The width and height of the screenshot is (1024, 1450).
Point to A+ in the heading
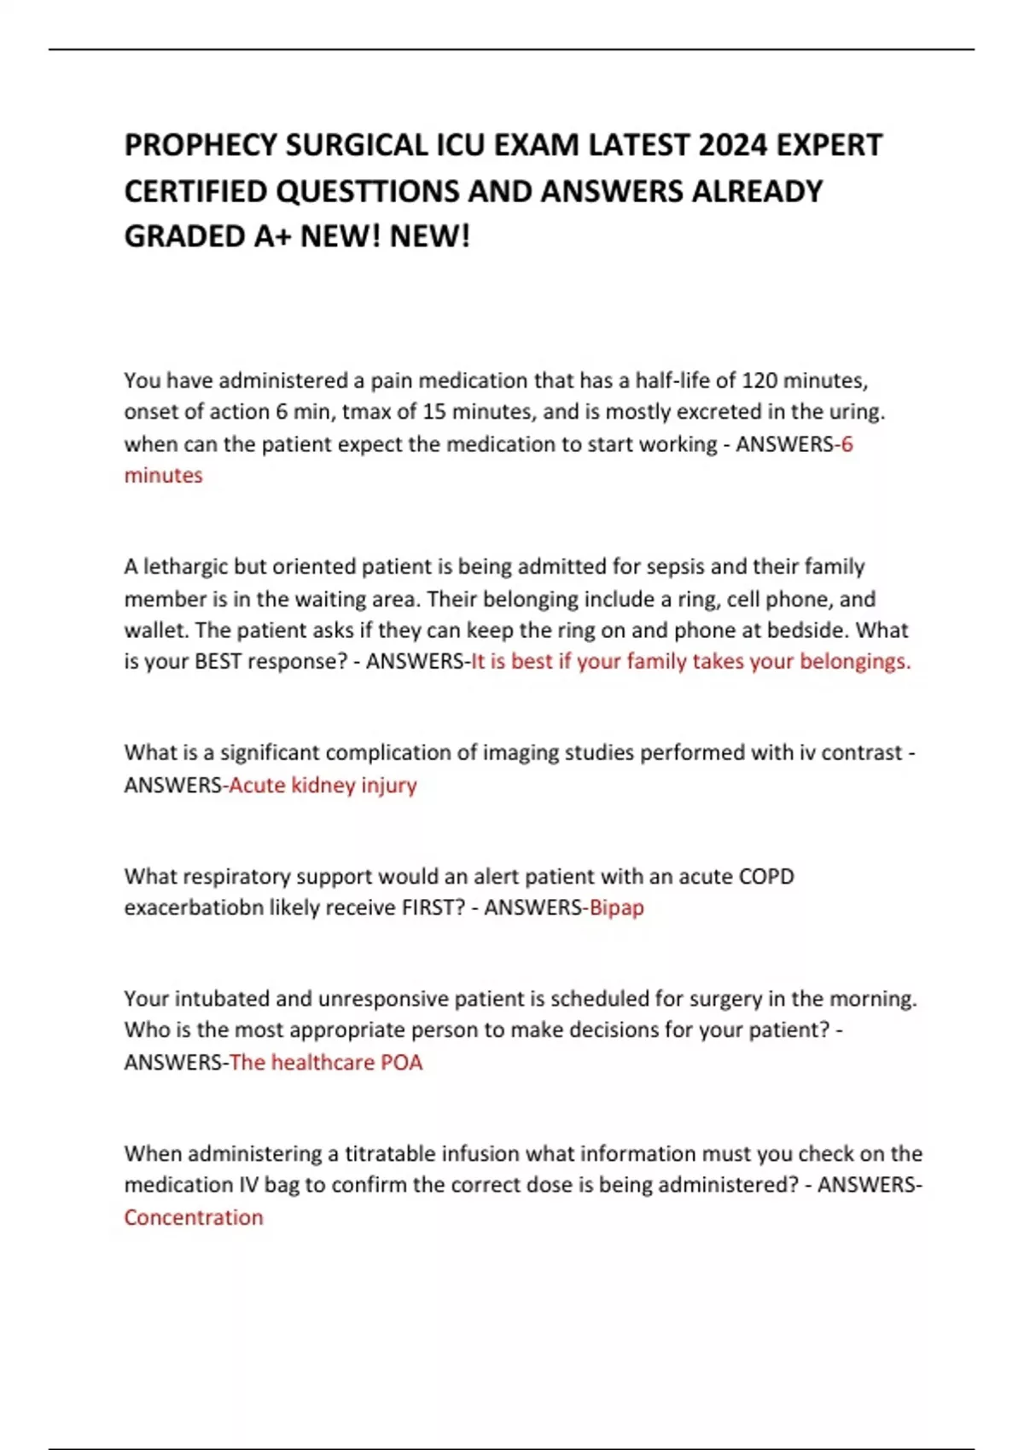click(272, 236)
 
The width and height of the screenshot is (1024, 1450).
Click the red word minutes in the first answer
click(163, 475)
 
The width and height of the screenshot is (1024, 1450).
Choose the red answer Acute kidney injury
click(323, 785)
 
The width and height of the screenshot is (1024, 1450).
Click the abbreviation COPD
click(766, 876)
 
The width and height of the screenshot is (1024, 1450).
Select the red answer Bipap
click(616, 908)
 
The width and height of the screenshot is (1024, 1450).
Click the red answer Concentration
click(194, 1217)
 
